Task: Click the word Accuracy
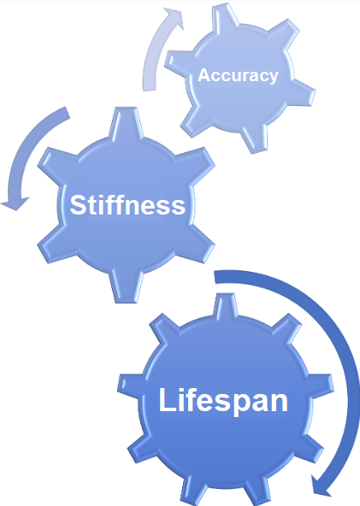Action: click(238, 76)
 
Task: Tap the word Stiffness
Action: click(127, 205)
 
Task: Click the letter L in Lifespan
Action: click(167, 399)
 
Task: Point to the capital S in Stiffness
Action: click(78, 205)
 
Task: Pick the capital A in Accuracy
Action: click(204, 75)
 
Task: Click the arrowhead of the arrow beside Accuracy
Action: click(174, 18)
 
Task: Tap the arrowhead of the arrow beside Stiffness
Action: click(15, 203)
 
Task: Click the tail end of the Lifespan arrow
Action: click(215, 278)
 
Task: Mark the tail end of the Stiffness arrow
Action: click(68, 113)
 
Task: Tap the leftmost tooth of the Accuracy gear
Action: click(179, 62)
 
